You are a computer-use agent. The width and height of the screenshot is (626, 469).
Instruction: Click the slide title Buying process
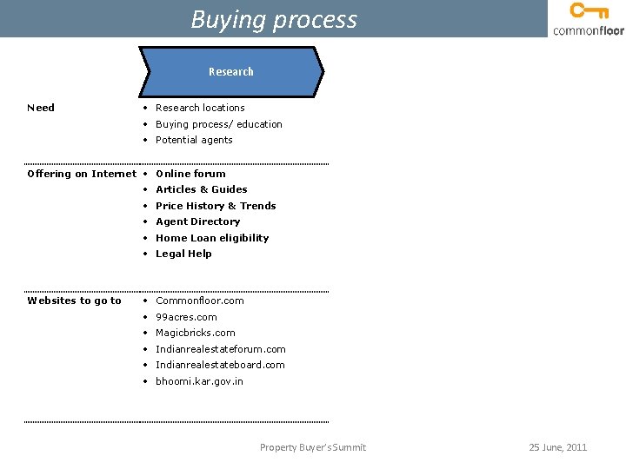tap(274, 19)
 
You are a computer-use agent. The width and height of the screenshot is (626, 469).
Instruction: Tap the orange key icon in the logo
tap(589, 11)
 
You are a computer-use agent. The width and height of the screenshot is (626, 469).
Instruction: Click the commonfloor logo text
tap(588, 30)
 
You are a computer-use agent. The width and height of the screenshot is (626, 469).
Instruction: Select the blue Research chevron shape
tap(231, 71)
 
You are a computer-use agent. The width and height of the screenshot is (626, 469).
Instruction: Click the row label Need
tap(41, 108)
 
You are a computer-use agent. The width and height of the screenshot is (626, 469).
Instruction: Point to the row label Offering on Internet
tap(82, 174)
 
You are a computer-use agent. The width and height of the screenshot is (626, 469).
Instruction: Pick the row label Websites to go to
tap(75, 301)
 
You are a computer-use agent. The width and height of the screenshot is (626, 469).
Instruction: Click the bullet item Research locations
tap(200, 108)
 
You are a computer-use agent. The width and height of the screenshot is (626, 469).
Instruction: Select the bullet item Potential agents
tap(194, 140)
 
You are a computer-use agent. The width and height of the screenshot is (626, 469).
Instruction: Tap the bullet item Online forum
tap(190, 174)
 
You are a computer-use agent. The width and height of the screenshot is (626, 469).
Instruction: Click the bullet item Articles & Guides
tap(201, 189)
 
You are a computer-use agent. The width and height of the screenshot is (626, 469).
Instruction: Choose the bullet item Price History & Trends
tap(216, 206)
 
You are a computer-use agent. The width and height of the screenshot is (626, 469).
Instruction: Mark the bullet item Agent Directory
tap(197, 221)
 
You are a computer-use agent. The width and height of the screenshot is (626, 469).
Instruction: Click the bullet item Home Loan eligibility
tap(212, 238)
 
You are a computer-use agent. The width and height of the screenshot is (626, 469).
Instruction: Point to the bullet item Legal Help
tap(183, 254)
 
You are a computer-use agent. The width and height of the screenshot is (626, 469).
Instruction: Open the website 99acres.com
tap(186, 317)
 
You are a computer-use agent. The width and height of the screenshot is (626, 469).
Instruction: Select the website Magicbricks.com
tap(195, 333)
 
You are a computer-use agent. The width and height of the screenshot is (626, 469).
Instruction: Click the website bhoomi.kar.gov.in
tap(199, 381)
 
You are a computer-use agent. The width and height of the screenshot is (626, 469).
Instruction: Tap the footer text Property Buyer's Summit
tap(313, 447)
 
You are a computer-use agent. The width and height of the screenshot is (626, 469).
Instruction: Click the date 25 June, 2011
tap(558, 447)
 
